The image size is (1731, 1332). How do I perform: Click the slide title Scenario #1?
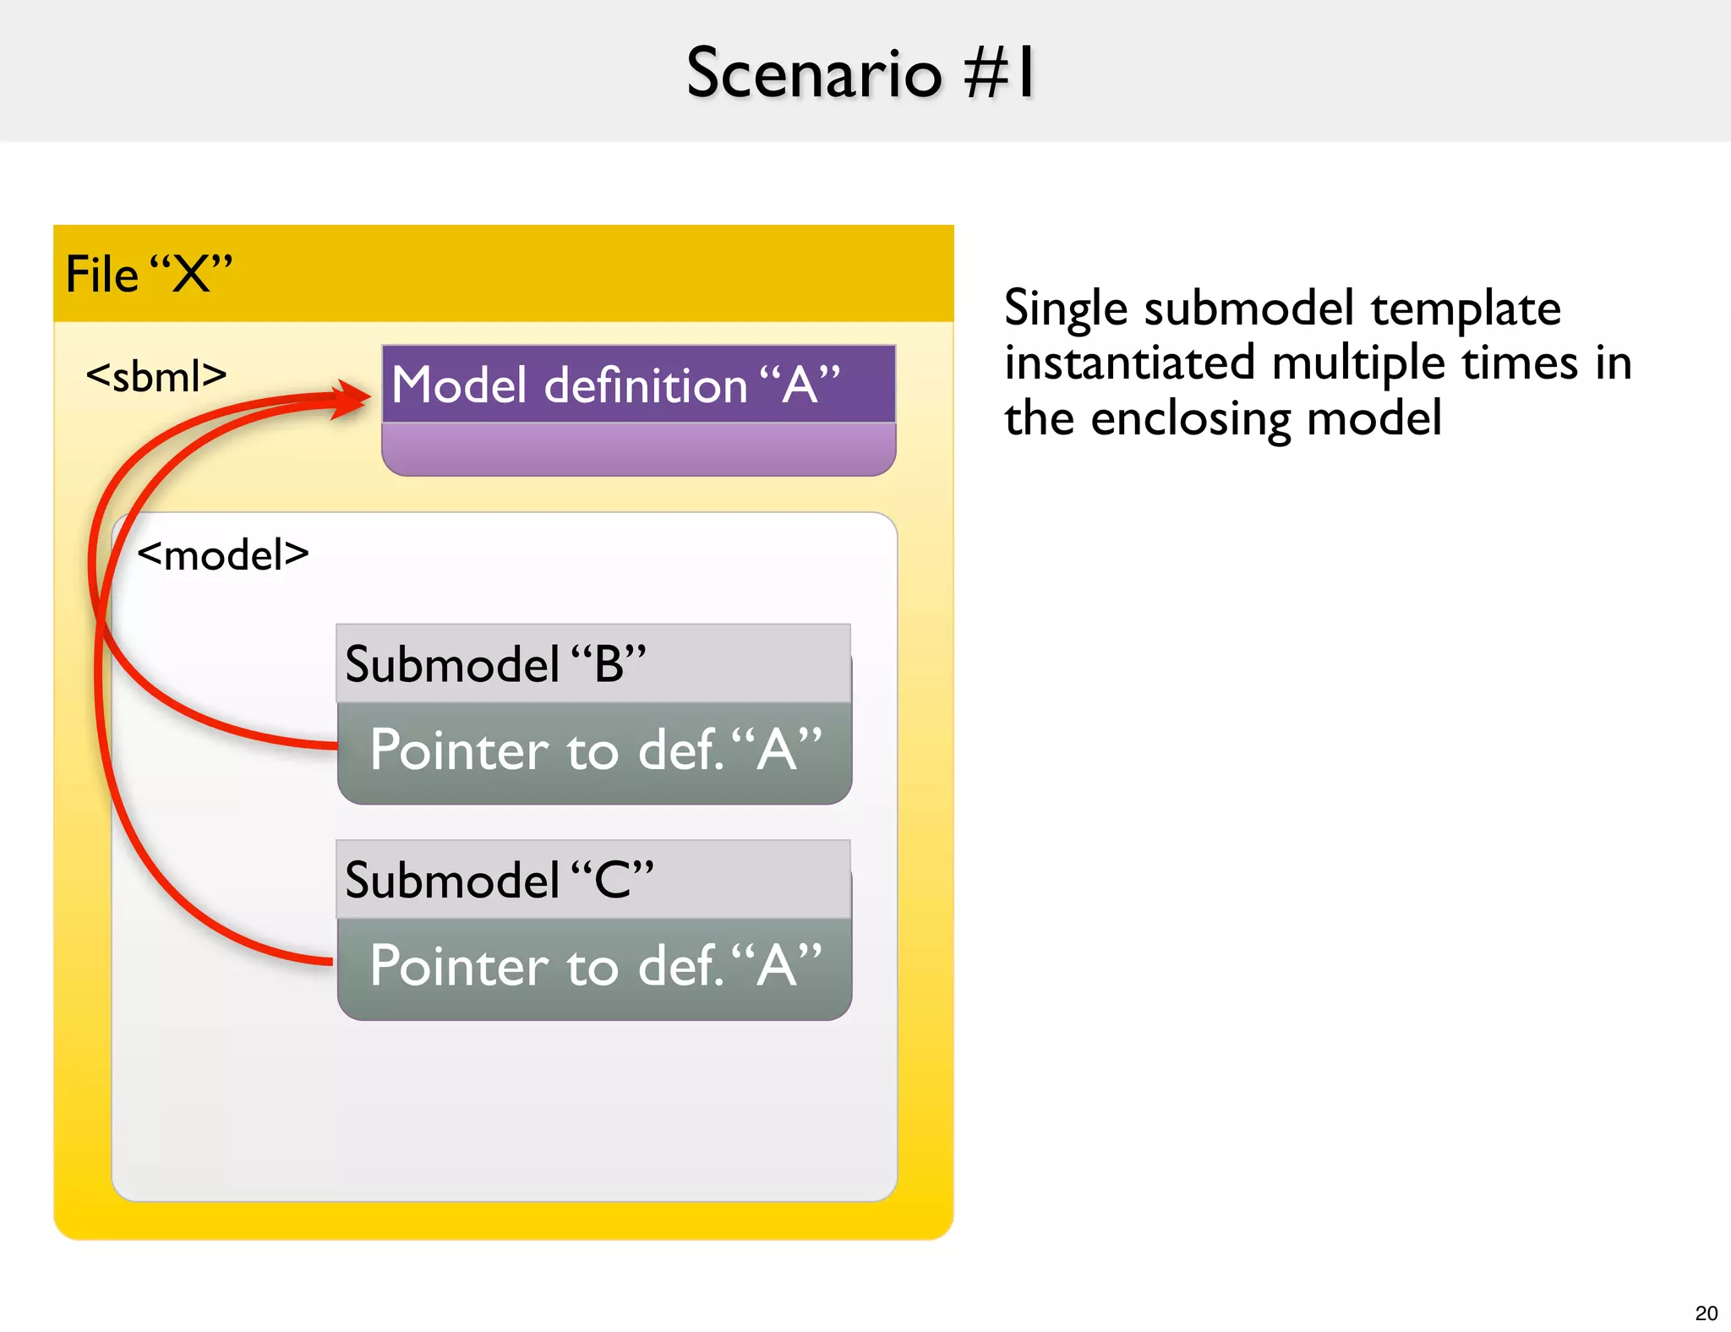pyautogui.click(x=860, y=73)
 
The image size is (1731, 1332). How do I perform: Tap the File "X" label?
pyautogui.click(x=149, y=274)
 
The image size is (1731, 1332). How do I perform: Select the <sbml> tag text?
pyautogui.click(x=156, y=375)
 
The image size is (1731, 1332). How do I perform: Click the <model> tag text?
pyautogui.click(x=223, y=555)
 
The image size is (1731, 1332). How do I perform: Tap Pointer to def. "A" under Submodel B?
pyautogui.click(x=596, y=750)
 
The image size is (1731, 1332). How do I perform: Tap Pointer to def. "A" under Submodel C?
pyautogui.click(x=596, y=966)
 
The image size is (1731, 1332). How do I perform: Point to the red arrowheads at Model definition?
pyautogui.click(x=350, y=399)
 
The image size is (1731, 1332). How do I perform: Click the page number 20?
pyautogui.click(x=1706, y=1313)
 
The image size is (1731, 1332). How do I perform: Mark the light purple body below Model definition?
pyautogui.click(x=638, y=449)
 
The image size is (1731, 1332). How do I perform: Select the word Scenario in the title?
pyautogui.click(x=813, y=73)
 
